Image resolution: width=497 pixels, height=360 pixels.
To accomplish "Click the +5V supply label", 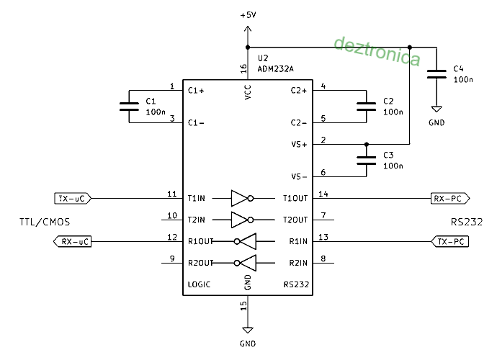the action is coord(248,15).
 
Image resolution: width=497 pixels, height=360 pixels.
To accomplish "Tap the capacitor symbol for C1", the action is coord(129,107).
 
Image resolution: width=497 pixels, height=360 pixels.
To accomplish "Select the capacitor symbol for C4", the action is coord(436,74).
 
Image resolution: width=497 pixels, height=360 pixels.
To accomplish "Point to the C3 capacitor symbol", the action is coord(367,161).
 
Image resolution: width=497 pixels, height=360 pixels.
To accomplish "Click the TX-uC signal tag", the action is coord(73,199).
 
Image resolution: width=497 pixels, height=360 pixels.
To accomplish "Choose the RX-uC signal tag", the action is coord(73,241).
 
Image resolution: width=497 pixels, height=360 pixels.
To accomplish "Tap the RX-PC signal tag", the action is coord(450,199).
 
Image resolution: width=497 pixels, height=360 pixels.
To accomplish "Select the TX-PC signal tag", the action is coord(450,241).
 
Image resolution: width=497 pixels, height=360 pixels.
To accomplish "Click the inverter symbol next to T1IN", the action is coord(242,199).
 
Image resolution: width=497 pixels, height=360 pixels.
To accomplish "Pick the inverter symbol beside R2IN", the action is coord(245,263).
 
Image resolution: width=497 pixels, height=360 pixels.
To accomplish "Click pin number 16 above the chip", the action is coord(243,68).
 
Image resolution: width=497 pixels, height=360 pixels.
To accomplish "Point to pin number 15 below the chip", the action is coord(243,305).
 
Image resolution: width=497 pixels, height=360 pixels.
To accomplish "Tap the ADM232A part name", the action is coord(275,69).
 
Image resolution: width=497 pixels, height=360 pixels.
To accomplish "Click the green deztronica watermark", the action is coord(377,51).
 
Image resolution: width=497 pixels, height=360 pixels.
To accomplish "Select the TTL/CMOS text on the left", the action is coord(45,222).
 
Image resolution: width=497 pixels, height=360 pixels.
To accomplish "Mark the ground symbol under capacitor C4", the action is coord(436,109).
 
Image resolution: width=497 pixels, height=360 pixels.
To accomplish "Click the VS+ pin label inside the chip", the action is coord(299,145).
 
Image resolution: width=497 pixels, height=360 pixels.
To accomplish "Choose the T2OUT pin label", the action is coord(295,220).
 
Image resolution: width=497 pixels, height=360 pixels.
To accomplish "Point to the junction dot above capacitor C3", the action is coord(367,144).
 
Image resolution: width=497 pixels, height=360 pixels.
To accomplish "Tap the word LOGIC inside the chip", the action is coord(199,284).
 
